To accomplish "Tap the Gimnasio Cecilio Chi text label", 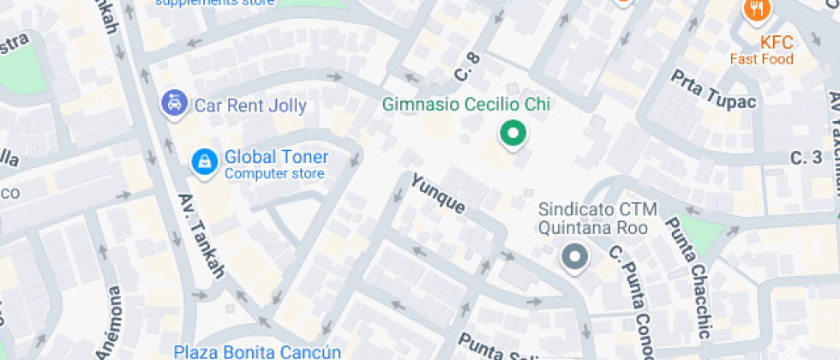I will [x=465, y=105].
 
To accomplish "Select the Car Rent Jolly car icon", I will [x=175, y=105].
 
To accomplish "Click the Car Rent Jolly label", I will [x=250, y=105].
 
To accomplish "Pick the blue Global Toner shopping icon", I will [x=203, y=160].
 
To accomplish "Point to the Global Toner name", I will [x=276, y=157].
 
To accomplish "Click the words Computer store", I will [x=274, y=174].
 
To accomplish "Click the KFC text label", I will [x=776, y=43].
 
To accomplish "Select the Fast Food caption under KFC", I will [x=761, y=59].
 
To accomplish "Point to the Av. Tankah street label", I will [x=201, y=237].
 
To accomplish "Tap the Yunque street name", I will [x=438, y=195].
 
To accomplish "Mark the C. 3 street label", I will [x=806, y=158].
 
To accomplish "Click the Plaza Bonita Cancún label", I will [x=257, y=351].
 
